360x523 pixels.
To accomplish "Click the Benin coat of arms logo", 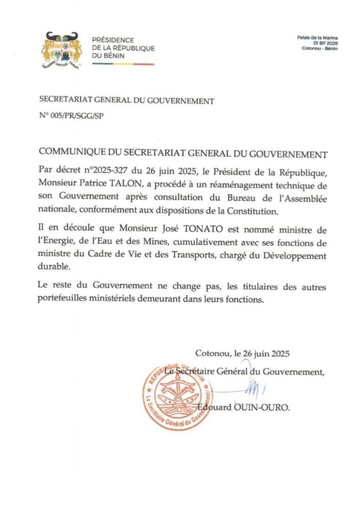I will [x=61, y=51].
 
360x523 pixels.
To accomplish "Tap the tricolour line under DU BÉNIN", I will [x=123, y=64].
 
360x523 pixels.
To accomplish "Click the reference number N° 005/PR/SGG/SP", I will [x=74, y=115].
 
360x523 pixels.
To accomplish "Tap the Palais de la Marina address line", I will [x=317, y=38].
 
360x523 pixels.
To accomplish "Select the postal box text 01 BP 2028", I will [x=324, y=43].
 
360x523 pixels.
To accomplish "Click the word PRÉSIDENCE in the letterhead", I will [x=113, y=40].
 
